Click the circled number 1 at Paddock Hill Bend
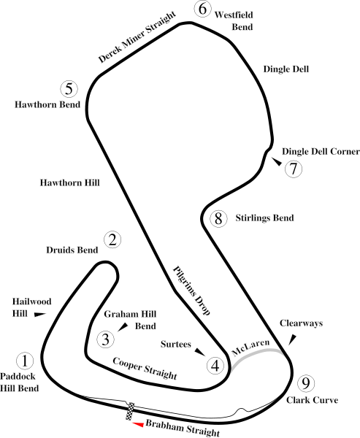point(25,361)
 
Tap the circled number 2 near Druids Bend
point(112,239)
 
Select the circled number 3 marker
point(106,339)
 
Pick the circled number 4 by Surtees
point(215,366)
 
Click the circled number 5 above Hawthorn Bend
point(69,89)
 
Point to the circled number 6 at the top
point(203,9)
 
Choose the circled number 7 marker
point(294,169)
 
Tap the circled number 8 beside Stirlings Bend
point(218,218)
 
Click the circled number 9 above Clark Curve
point(306,383)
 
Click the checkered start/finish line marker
point(131,411)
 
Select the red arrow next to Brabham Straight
point(138,424)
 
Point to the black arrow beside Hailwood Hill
point(40,315)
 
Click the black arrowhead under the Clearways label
point(292,339)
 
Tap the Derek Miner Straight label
point(137,37)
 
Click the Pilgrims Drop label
point(192,291)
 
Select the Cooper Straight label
point(145,369)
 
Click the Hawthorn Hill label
point(70,182)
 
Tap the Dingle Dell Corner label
point(321,151)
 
